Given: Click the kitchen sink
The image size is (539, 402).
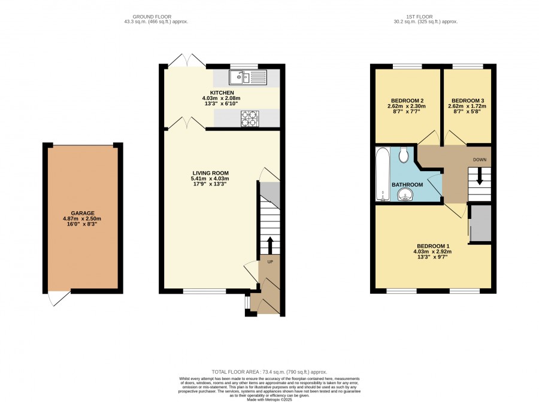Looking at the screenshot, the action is [248, 77].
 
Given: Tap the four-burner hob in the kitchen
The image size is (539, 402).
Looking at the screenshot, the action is [250, 118].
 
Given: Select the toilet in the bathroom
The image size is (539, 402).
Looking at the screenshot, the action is [404, 155].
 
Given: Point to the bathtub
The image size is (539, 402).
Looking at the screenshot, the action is [383, 174].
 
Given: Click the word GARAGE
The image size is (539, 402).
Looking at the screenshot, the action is [83, 213].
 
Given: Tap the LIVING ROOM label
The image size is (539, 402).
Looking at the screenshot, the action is [210, 173].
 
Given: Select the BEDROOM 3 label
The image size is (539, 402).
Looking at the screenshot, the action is [468, 100].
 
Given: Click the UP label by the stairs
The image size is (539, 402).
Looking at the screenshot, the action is [270, 262].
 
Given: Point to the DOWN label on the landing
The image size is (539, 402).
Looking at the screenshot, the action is [480, 160].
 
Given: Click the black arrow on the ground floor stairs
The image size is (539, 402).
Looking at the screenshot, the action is [269, 245].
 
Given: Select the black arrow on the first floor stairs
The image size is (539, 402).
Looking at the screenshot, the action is [479, 176].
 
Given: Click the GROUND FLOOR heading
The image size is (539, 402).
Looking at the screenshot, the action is [152, 17].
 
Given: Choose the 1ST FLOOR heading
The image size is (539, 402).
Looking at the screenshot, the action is [419, 17].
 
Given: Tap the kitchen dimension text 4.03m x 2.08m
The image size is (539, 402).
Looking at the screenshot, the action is [222, 98].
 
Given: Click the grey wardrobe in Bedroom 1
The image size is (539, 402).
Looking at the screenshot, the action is [480, 223].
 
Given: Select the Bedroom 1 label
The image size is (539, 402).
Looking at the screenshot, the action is [433, 246].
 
